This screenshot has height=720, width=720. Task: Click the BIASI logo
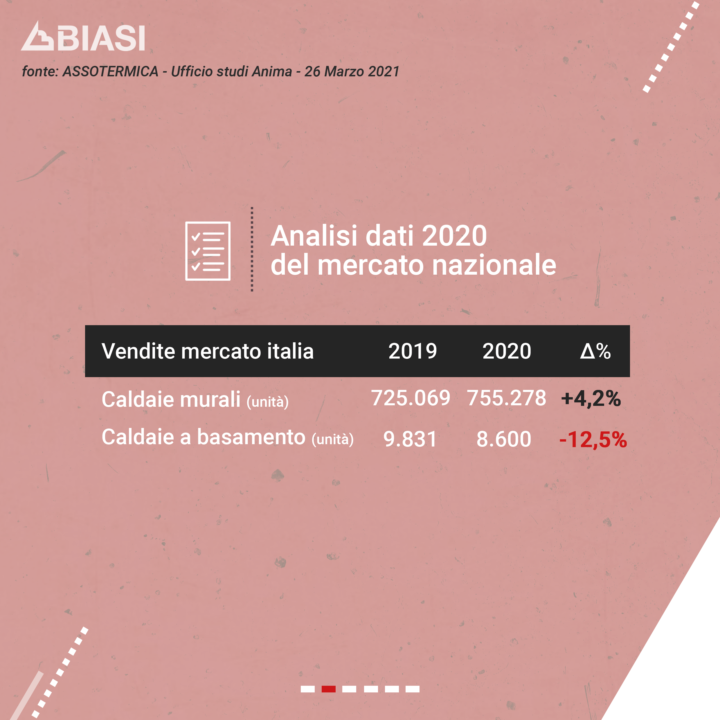83,36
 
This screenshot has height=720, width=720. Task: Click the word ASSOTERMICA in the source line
110,71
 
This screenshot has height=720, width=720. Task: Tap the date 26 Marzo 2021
352,71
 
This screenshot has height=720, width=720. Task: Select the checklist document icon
208,251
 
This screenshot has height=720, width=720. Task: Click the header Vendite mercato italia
208,351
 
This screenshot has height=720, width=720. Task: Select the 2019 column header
413,351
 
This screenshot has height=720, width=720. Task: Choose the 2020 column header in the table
507,351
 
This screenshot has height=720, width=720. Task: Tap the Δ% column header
595,351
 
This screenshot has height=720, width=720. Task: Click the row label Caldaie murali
171,399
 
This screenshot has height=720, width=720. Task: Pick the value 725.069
411,398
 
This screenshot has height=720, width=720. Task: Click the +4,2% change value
591,398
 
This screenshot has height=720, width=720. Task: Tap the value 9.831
410,439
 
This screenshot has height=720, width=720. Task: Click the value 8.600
504,439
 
